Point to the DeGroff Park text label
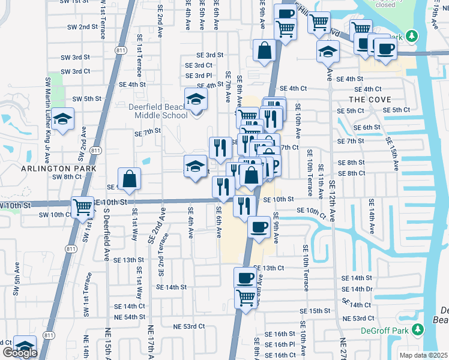click(x=384, y=329)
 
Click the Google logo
click(x=20, y=352)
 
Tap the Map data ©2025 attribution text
click(x=424, y=355)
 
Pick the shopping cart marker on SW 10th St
click(x=83, y=208)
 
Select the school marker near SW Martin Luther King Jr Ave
click(x=62, y=119)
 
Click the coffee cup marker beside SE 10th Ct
click(x=259, y=227)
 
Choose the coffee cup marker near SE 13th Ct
click(x=245, y=278)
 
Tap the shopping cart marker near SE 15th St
click(x=246, y=296)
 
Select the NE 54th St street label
click(x=130, y=316)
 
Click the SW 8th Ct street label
click(x=67, y=177)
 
